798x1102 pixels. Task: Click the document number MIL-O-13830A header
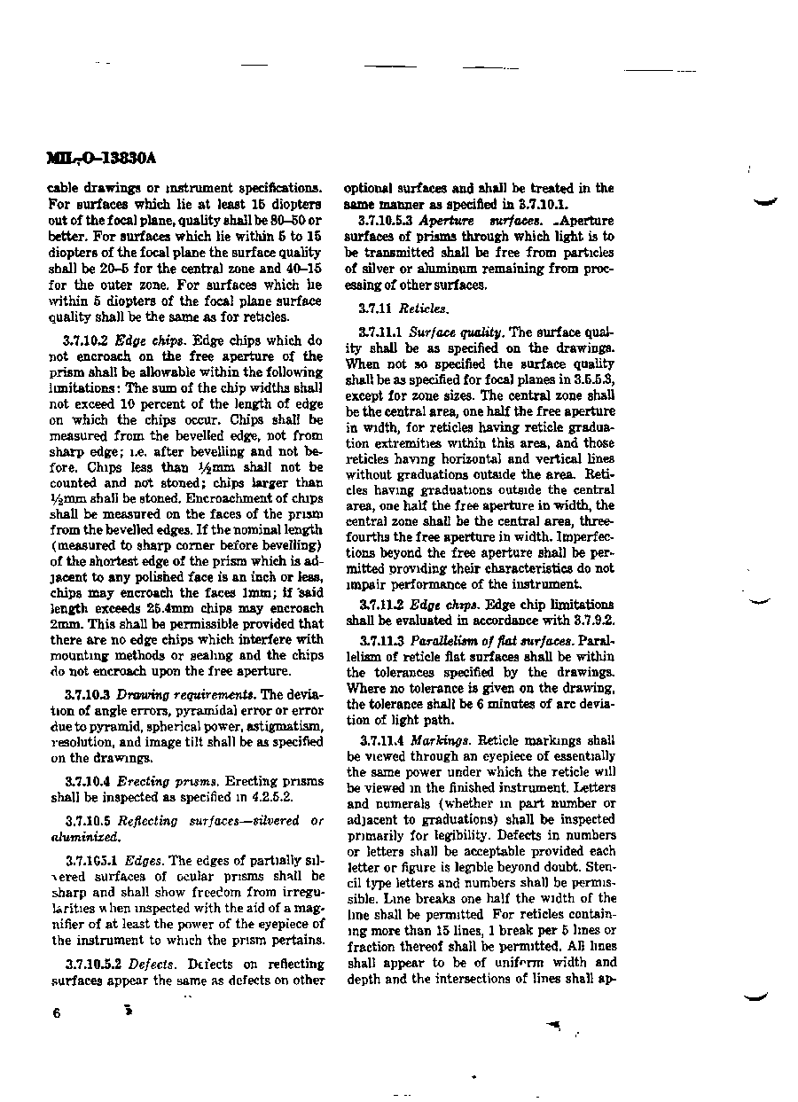[100, 159]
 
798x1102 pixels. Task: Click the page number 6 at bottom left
[56, 1014]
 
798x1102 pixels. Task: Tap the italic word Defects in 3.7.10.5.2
[151, 964]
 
